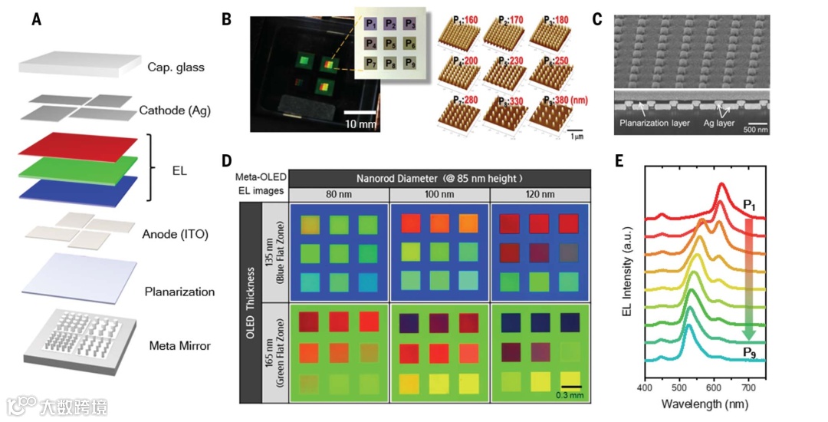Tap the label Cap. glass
point(176,68)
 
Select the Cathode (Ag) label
point(174,111)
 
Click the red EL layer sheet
point(77,146)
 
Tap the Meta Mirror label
point(179,346)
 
